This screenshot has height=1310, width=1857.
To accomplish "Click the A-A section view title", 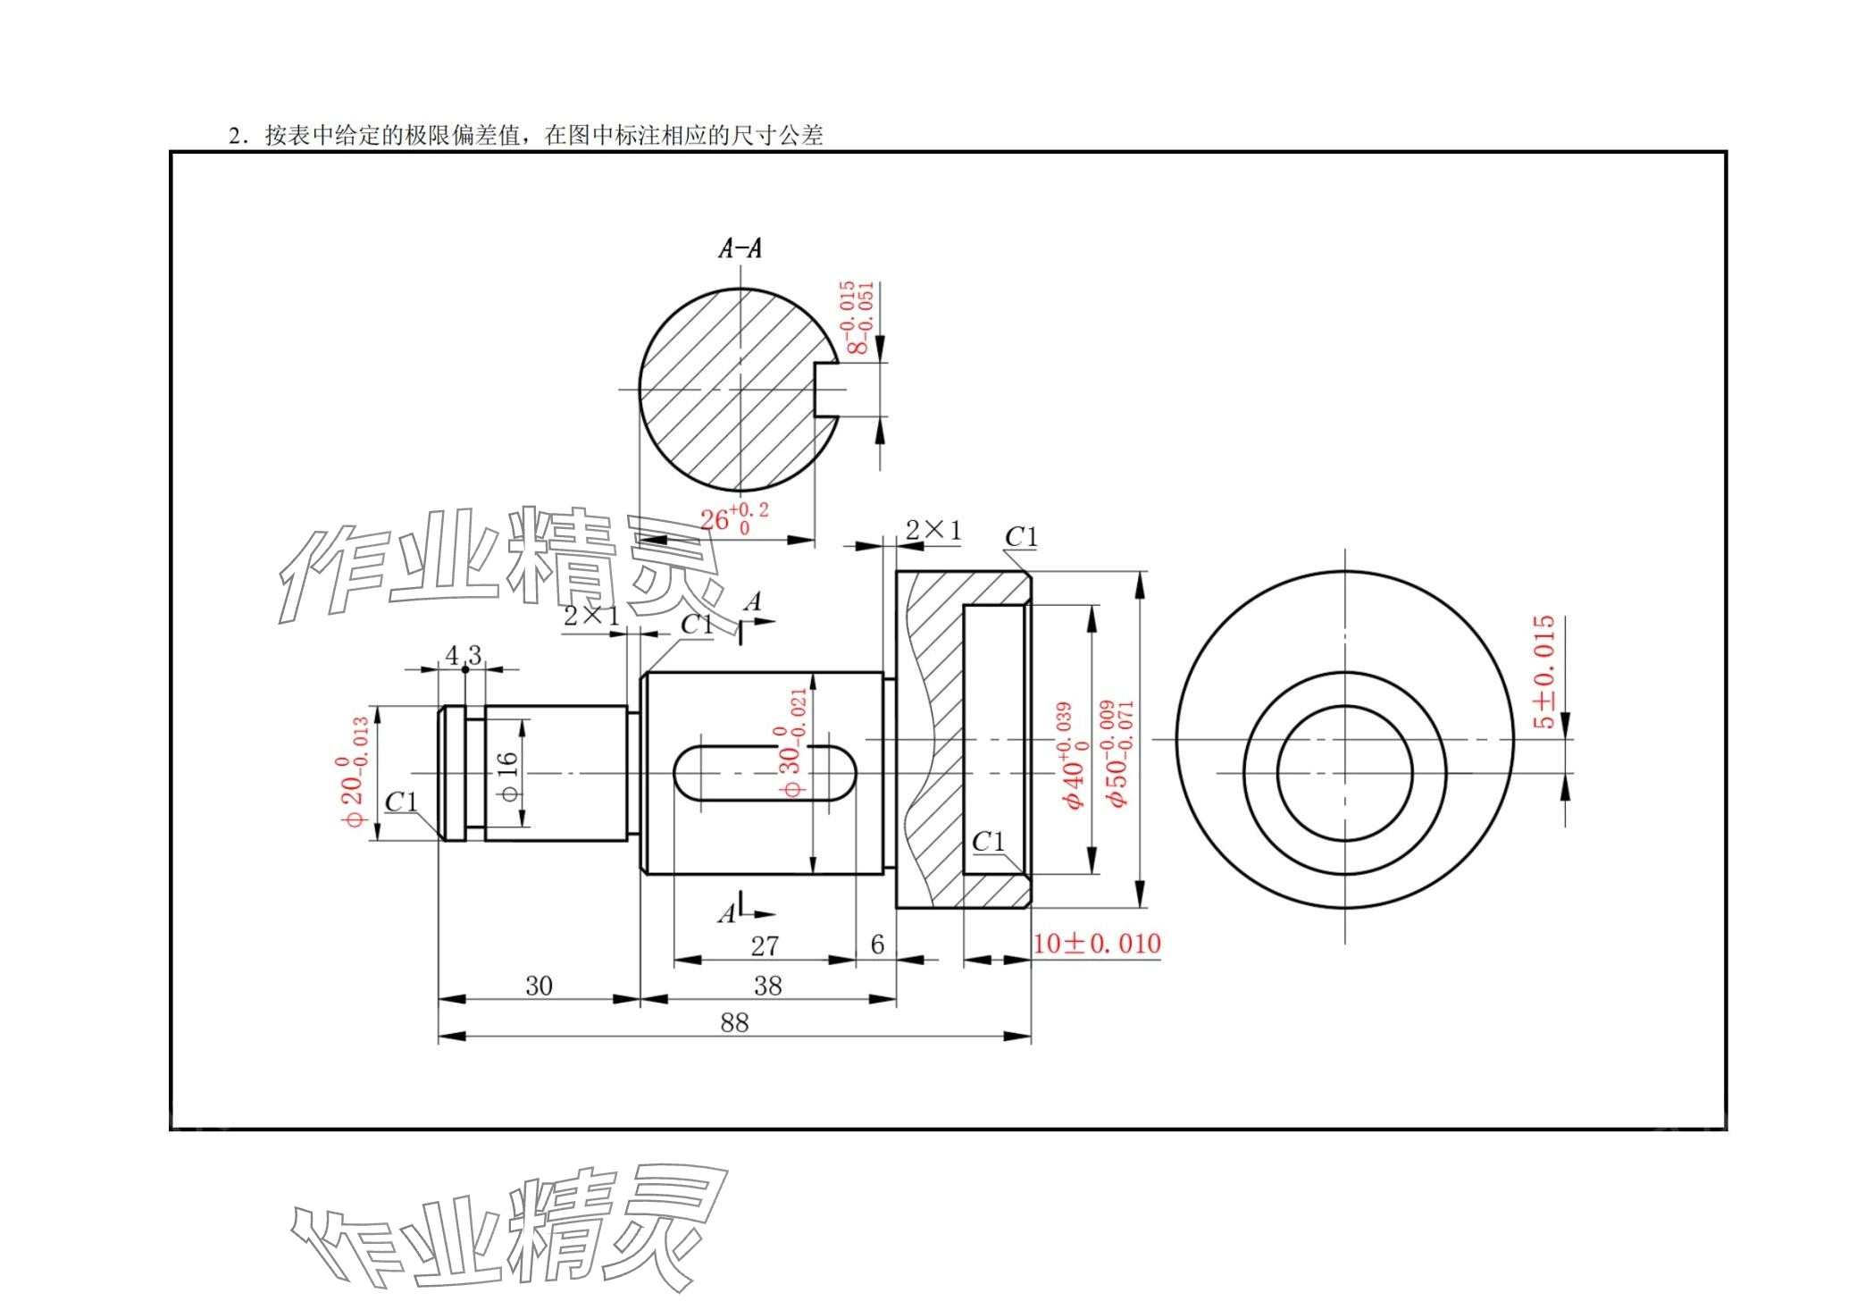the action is coord(740,248).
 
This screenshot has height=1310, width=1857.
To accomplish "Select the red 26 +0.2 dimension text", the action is coord(733,518).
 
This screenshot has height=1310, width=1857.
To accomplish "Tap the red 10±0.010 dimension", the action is coord(1096,943).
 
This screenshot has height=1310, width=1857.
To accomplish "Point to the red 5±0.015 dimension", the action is coord(1543,671).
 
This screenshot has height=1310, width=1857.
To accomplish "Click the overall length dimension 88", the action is coord(734,1022).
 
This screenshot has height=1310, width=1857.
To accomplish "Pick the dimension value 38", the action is coord(767,986).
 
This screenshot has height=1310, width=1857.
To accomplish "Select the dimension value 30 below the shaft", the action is coord(539,986).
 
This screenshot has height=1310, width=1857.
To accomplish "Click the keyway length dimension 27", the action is coord(765,945).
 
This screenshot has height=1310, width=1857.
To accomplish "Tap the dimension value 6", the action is coord(877,945).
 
